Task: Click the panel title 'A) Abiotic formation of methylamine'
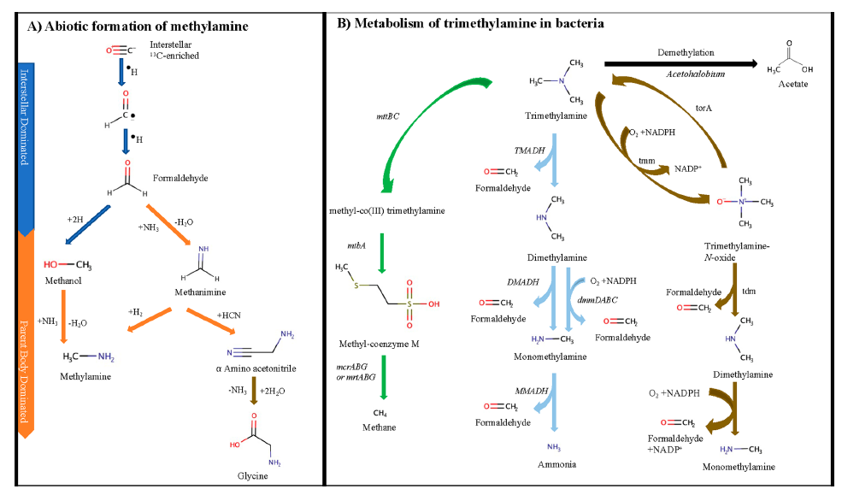[138, 27]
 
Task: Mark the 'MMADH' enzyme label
[530, 390]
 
